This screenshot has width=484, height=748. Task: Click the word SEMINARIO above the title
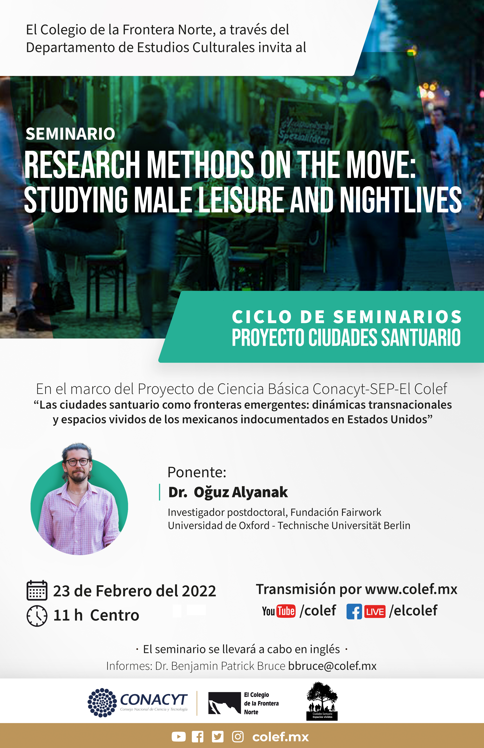[70, 134]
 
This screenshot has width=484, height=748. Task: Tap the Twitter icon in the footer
[218, 737]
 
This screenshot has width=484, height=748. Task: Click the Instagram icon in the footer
[238, 737]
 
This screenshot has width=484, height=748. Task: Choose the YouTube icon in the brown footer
[178, 737]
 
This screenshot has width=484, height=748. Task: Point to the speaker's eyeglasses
[77, 462]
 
